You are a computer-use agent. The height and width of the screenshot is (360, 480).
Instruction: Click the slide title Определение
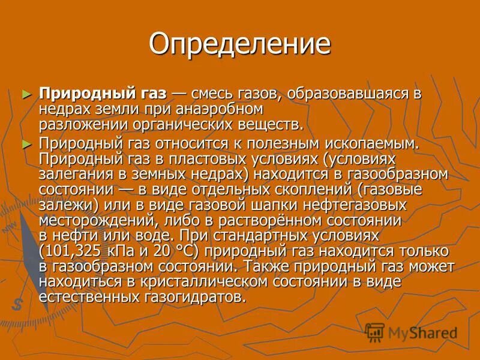point(239,44)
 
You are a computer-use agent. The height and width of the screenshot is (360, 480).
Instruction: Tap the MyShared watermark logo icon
point(375,332)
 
